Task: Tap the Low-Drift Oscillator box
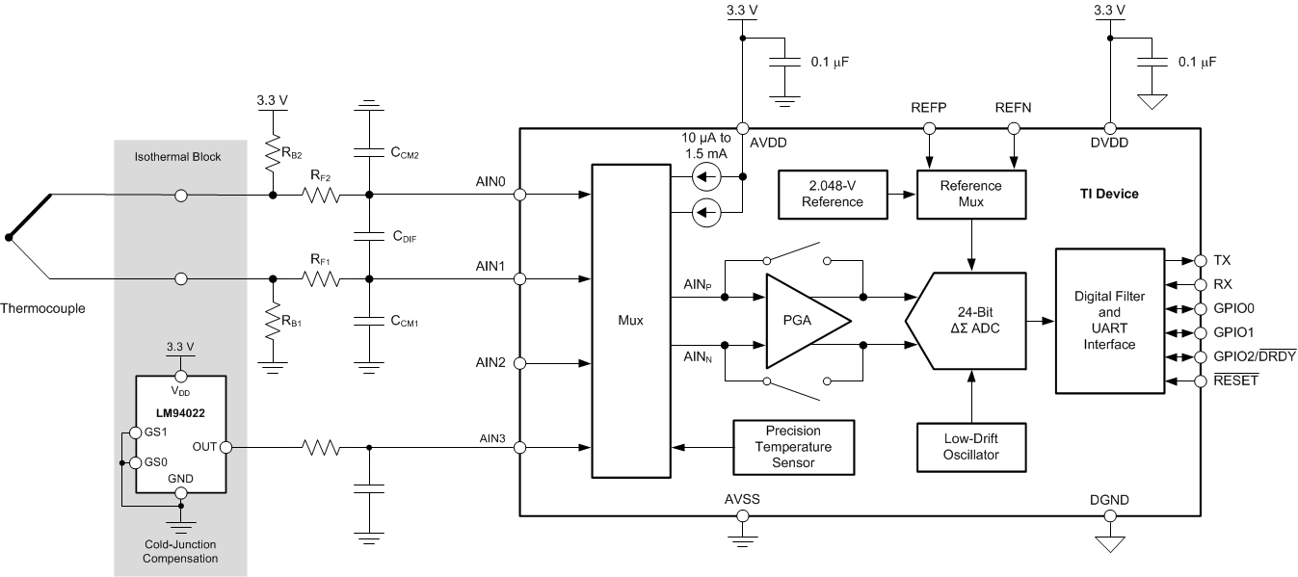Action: pyautogui.click(x=971, y=446)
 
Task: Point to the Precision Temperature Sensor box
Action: pyautogui.click(x=792, y=447)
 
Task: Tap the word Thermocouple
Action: pyautogui.click(x=42, y=309)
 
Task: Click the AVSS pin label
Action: pyautogui.click(x=742, y=500)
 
